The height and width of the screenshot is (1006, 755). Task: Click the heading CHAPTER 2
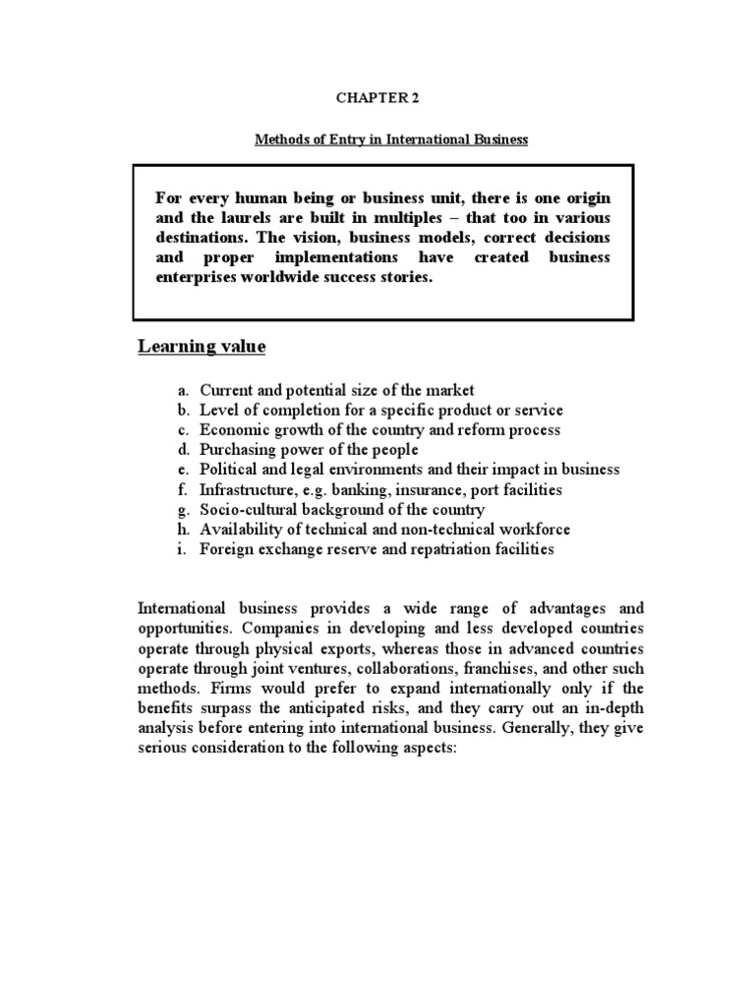pyautogui.click(x=377, y=97)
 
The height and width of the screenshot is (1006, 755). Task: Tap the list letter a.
pyautogui.click(x=184, y=391)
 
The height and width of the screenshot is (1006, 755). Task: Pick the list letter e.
pyautogui.click(x=184, y=470)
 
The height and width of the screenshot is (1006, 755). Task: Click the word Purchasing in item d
pyautogui.click(x=236, y=450)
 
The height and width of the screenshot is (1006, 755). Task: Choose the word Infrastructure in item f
pyautogui.click(x=246, y=489)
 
